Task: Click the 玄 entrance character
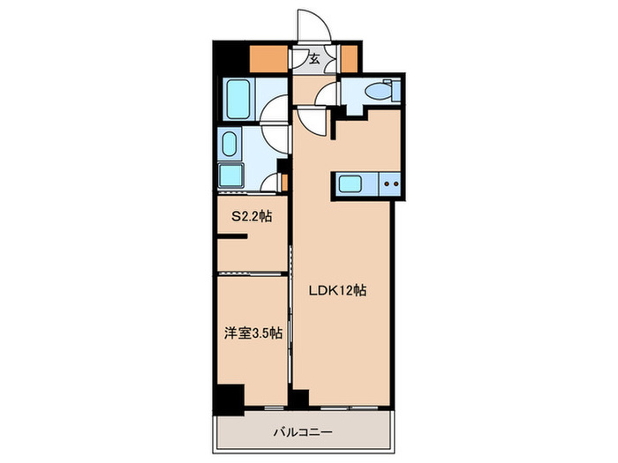314,60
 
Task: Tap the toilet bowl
382,90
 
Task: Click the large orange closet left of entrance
269,59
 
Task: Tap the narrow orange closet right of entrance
350,60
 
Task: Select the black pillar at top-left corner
226,58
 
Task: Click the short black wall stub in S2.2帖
235,237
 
